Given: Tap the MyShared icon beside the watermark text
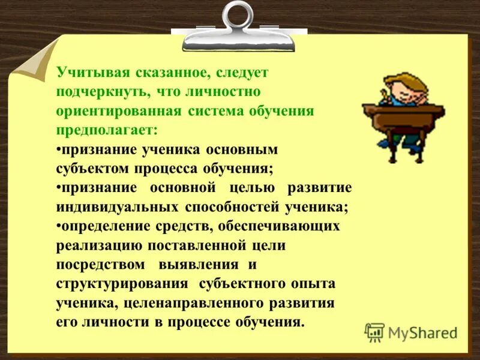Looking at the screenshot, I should pyautogui.click(x=374, y=332).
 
